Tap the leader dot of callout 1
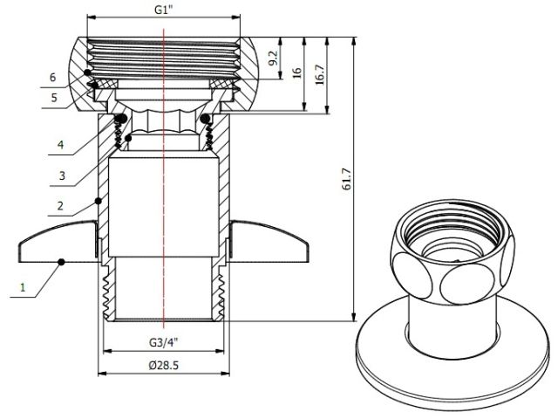click(60, 260)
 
